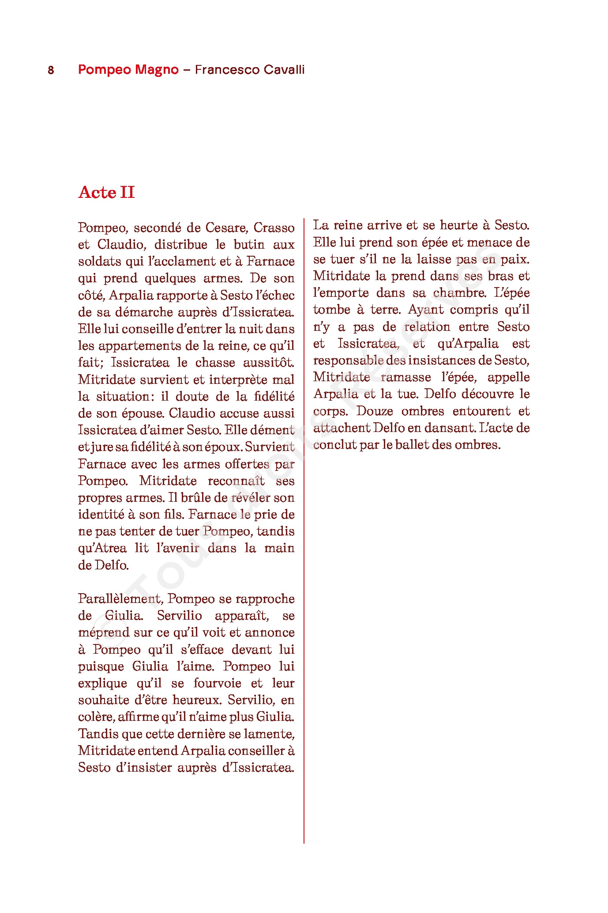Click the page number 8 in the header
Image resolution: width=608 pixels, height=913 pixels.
coord(51,70)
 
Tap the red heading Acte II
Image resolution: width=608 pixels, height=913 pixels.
coord(106,193)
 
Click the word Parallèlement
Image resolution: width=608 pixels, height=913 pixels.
coord(119,599)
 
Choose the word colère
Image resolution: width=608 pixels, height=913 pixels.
coord(95,717)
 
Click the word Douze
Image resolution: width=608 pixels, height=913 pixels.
coord(375,411)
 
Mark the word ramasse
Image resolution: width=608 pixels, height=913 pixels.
coord(405,377)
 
